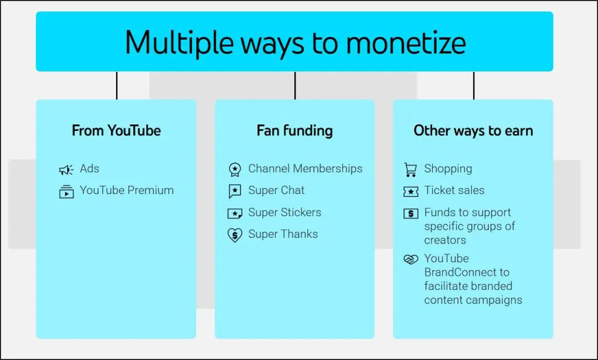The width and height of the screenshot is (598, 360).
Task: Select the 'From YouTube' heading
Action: (116, 130)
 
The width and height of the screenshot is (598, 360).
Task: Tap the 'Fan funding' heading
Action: (294, 130)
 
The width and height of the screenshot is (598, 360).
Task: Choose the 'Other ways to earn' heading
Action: (473, 130)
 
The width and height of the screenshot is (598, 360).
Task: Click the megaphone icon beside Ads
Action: (67, 169)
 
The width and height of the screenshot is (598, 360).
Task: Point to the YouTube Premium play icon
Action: (67, 192)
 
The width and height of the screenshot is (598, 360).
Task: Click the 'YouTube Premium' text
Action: (127, 191)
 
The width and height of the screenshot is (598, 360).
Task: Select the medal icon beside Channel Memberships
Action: (234, 170)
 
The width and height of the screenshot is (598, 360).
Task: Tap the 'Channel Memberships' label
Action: (305, 169)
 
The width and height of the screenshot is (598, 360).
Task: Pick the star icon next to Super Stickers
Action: (234, 213)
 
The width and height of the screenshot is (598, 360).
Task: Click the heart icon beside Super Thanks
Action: (234, 236)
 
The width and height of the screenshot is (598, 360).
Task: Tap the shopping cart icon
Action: (411, 170)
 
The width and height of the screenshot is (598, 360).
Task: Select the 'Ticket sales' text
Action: (454, 191)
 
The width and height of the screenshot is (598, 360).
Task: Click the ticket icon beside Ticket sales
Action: (411, 192)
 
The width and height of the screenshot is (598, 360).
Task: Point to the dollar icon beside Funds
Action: (411, 213)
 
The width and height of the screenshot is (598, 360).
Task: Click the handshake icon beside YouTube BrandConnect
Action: (411, 259)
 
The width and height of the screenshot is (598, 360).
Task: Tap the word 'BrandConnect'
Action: (467, 272)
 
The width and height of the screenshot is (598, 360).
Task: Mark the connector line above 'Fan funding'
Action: (295, 85)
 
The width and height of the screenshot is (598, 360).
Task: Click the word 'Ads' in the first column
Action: (89, 169)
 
